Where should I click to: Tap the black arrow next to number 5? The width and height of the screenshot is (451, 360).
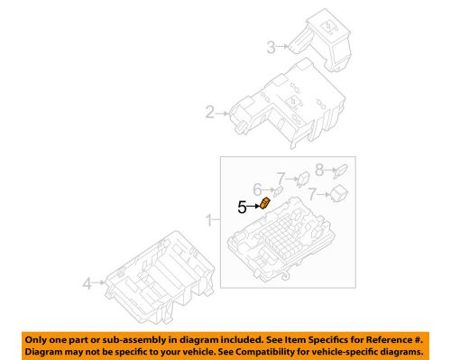[253, 207]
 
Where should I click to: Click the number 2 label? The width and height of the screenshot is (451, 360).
[209, 113]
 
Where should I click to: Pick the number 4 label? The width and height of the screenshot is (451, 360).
[87, 283]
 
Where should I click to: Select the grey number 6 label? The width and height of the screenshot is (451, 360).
[256, 189]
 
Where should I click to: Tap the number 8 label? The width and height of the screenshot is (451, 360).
[319, 168]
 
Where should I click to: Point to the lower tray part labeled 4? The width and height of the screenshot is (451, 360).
[158, 275]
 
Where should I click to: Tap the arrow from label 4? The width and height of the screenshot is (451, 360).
[99, 283]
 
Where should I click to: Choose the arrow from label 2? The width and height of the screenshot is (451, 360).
[222, 113]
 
